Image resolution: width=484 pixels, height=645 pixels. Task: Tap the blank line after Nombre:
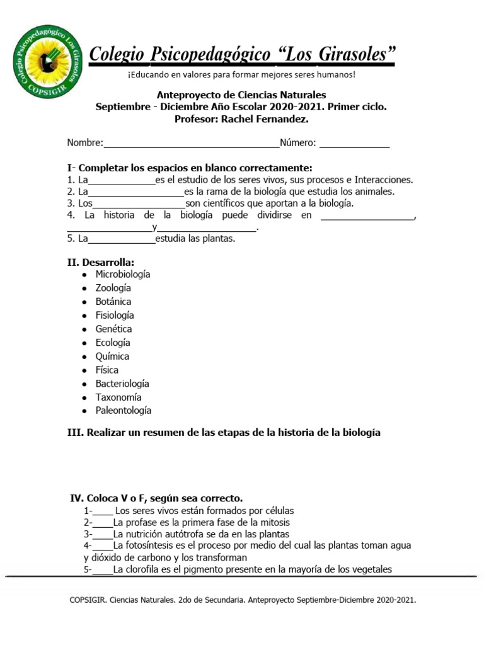pyautogui.click(x=191, y=144)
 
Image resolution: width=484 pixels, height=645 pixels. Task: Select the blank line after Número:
pyautogui.click(x=354, y=144)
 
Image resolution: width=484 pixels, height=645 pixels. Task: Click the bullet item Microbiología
pyautogui.click(x=123, y=275)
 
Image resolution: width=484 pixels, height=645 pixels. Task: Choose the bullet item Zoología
pyautogui.click(x=113, y=288)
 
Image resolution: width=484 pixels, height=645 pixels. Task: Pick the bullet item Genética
pyautogui.click(x=113, y=329)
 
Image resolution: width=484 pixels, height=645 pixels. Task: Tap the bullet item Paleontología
pyautogui.click(x=124, y=411)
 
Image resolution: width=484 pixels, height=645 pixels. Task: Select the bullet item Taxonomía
pyautogui.click(x=118, y=397)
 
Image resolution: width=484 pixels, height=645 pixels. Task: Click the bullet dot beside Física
pyautogui.click(x=84, y=371)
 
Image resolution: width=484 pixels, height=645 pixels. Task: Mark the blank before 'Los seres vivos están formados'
pyautogui.click(x=103, y=512)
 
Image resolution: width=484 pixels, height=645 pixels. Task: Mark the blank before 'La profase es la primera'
pyautogui.click(x=103, y=524)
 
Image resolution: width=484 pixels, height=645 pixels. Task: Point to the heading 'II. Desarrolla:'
pyautogui.click(x=100, y=261)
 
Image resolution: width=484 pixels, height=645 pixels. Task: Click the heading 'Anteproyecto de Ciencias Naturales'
pyautogui.click(x=241, y=94)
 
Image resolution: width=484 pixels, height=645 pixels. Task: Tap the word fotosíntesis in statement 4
pyautogui.click(x=154, y=545)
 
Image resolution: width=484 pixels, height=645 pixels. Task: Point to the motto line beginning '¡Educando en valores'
pyautogui.click(x=241, y=75)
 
